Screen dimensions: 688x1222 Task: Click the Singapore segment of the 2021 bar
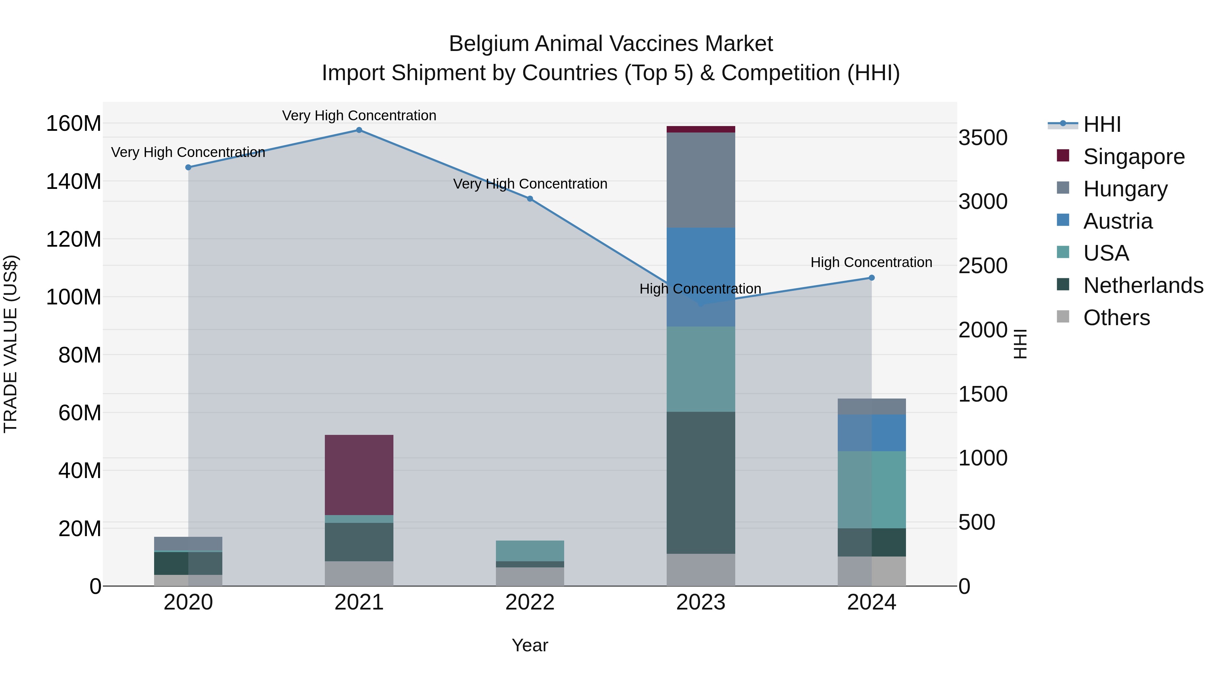click(x=359, y=475)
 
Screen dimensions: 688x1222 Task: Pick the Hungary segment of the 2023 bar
click(x=700, y=180)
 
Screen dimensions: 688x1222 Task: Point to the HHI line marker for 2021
click(x=359, y=130)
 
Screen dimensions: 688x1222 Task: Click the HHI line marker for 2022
click(x=530, y=199)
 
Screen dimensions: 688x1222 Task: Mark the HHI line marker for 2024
click(x=871, y=278)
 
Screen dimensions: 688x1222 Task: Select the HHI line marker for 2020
click(x=188, y=167)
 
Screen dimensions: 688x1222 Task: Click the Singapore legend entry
click(x=1134, y=157)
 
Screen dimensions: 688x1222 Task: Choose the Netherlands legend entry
click(x=1143, y=285)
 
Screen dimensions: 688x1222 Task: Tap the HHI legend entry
click(x=1102, y=124)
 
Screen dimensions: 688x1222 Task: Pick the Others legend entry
click(x=1116, y=318)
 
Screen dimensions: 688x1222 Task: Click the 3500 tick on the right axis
click(x=983, y=138)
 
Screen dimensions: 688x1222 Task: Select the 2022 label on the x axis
click(x=530, y=602)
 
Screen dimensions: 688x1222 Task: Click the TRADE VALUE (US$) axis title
click(x=11, y=344)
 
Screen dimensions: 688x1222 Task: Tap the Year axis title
click(x=530, y=645)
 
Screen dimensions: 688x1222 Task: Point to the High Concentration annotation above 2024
click(x=871, y=262)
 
